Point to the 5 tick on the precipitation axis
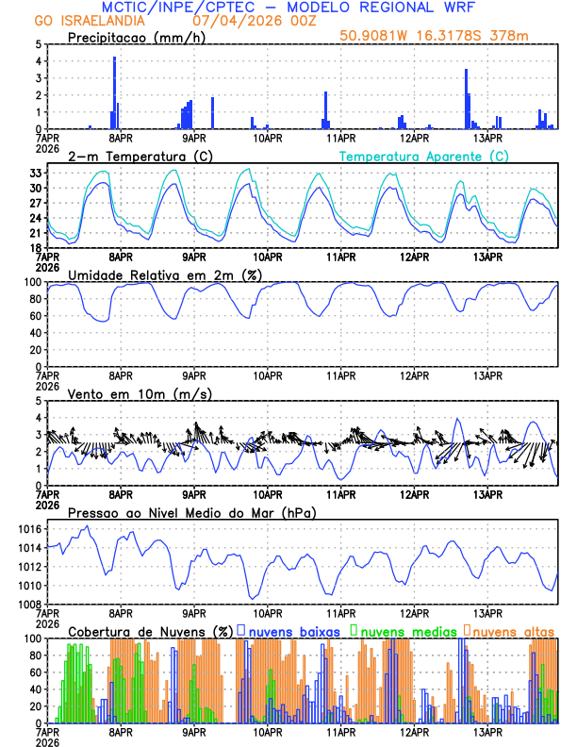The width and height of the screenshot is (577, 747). point(39,44)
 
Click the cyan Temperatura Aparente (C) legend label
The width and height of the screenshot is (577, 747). point(424,156)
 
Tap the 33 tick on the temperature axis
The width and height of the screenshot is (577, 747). point(35,174)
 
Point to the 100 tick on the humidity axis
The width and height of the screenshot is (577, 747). point(33,282)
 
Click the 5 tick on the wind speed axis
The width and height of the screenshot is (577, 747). point(39,401)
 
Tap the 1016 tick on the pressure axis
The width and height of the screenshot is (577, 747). point(29,530)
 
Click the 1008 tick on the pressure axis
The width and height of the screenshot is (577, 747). point(29,605)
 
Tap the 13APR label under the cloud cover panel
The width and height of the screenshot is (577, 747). point(486,732)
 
